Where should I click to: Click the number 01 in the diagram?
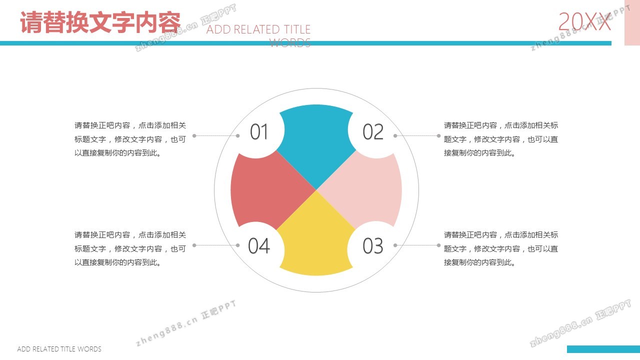click(259, 131)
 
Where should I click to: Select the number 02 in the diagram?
click(373, 131)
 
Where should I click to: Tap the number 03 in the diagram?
click(373, 245)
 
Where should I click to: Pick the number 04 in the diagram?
click(259, 245)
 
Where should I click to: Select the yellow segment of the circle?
click(316, 243)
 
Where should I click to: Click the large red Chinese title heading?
click(100, 22)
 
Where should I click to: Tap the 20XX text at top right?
click(584, 21)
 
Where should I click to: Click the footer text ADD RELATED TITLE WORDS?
click(59, 349)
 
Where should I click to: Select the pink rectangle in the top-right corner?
click(632, 22)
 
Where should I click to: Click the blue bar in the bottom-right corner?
click(603, 349)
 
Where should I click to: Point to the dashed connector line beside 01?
click(216, 135)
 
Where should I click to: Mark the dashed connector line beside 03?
click(417, 245)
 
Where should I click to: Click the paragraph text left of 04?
click(130, 248)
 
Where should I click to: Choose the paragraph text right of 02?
click(501, 139)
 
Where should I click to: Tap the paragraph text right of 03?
click(501, 248)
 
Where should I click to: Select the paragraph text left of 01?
click(130, 139)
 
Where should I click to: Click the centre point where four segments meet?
click(316, 190)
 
